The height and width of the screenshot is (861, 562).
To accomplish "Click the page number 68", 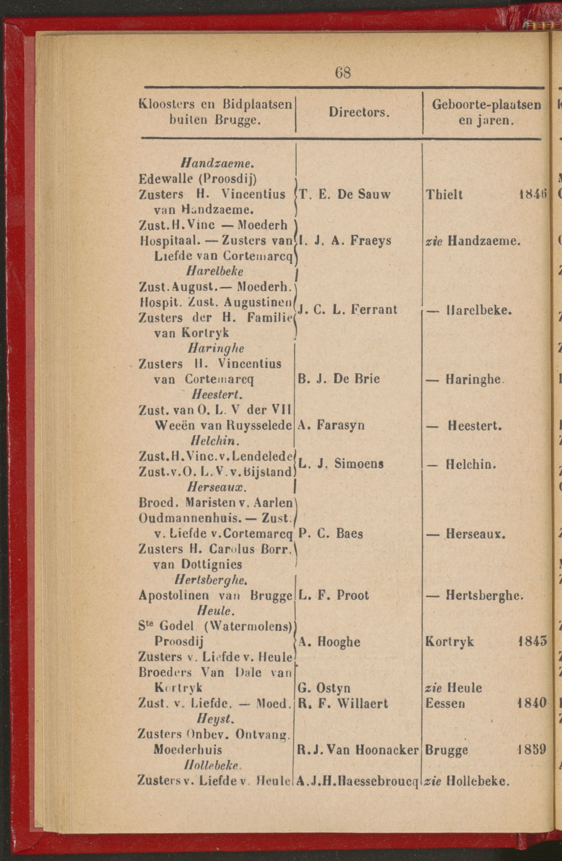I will (343, 73).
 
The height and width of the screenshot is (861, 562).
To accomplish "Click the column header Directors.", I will (359, 112).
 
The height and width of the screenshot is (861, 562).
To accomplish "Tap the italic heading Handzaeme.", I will (217, 163).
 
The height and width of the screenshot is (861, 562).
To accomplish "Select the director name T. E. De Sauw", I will (345, 195).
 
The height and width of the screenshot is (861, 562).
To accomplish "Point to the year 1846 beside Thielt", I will (532, 195).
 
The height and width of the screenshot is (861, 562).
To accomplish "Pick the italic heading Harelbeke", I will (215, 271).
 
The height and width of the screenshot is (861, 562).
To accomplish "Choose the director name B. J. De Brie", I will (339, 379).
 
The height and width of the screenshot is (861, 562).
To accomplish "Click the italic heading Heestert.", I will (217, 395).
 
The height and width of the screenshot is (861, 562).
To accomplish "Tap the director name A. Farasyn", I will (331, 425).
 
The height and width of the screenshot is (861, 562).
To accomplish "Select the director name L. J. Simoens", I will (341, 464).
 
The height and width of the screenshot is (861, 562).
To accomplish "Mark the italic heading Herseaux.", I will (217, 487).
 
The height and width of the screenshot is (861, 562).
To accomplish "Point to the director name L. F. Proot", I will (333, 595).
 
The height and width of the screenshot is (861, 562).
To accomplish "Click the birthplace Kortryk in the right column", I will (450, 642).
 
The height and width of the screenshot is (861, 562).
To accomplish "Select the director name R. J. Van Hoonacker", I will (357, 750).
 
